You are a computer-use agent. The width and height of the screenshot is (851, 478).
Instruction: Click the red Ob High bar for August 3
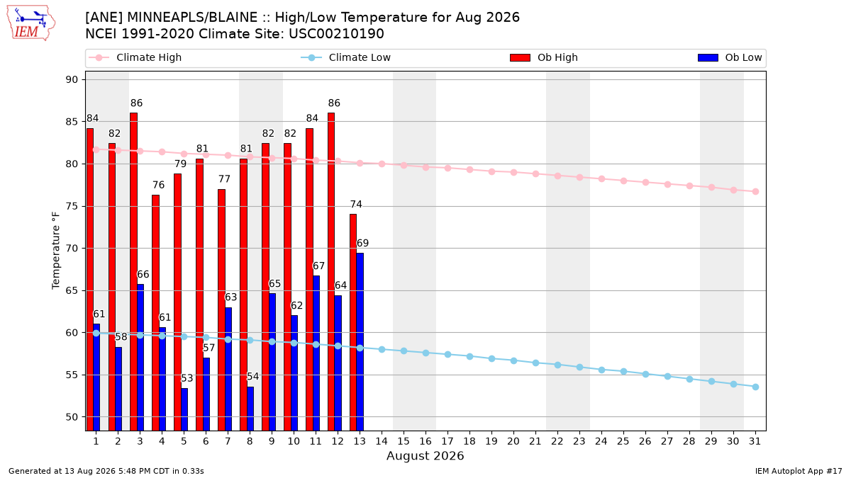(134, 272)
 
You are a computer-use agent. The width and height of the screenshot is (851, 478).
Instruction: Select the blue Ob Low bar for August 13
(360, 342)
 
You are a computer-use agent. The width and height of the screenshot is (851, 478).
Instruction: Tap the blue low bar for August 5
(184, 409)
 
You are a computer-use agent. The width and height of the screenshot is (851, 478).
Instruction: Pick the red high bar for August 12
(331, 272)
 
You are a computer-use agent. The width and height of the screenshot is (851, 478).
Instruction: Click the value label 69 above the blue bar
(362, 243)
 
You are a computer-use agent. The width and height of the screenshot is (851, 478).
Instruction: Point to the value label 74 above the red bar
(356, 205)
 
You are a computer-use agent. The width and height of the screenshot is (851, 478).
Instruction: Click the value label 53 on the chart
(187, 378)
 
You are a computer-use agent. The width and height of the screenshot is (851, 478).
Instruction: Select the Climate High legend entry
(135, 57)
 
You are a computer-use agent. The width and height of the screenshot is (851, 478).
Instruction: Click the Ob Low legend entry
(730, 57)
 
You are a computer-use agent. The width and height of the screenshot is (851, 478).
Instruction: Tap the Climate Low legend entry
(346, 57)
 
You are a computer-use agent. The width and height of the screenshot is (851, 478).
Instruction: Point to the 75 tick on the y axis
(72, 206)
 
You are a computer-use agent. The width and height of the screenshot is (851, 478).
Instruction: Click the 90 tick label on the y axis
(72, 79)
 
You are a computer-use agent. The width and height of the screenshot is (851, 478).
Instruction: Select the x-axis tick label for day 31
(755, 441)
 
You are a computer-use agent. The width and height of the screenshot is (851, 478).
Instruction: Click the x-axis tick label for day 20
(513, 441)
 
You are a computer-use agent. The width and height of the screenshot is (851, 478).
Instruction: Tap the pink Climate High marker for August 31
(755, 192)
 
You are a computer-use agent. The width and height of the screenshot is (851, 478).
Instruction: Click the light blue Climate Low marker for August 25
(623, 371)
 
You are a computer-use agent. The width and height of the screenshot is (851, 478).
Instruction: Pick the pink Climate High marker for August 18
(469, 169)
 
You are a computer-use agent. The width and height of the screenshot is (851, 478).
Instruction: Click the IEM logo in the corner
(31, 23)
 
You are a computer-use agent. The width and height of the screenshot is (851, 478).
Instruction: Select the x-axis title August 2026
(425, 455)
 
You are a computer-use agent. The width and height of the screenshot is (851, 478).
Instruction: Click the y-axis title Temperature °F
(56, 251)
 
